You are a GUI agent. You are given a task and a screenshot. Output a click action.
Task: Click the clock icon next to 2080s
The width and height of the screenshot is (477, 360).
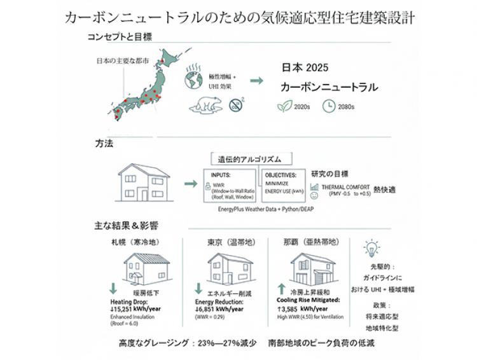(329, 107)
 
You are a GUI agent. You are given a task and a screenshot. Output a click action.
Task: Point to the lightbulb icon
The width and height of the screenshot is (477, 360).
(371, 247)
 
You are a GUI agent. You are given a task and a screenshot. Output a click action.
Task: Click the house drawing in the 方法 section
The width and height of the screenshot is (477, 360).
(144, 183)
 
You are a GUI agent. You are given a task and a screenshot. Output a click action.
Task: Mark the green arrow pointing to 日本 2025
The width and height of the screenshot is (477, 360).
(257, 81)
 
